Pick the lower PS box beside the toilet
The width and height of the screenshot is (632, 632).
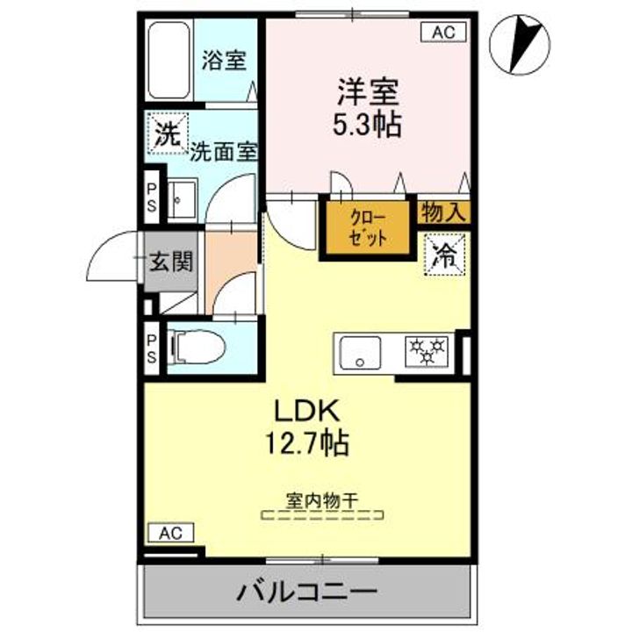point(152,348)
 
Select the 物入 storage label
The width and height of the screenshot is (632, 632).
point(442,212)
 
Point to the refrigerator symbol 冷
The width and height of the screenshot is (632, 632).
point(445,255)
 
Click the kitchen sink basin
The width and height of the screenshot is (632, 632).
point(360,353)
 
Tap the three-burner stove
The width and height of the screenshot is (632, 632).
point(427,351)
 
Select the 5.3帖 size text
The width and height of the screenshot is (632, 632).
point(366,124)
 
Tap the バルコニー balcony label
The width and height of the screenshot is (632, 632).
point(307,593)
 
